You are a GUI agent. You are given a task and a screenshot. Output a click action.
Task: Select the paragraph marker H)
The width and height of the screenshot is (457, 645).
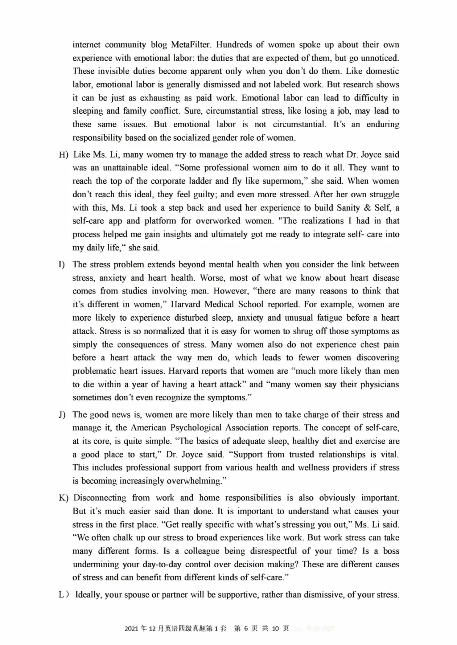point(63,155)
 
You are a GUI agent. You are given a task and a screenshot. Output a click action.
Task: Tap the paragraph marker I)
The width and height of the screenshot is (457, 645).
point(62,265)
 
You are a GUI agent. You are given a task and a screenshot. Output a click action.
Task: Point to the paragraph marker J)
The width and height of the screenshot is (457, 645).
point(62,415)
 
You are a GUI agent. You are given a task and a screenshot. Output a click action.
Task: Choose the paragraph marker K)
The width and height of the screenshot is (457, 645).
point(63,498)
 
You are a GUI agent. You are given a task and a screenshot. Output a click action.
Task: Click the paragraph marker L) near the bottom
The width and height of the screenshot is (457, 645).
point(64,595)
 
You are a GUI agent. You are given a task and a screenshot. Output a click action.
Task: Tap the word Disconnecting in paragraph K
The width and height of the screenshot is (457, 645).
point(100,498)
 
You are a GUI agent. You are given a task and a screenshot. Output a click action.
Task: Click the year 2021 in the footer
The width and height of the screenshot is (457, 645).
point(132,629)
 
